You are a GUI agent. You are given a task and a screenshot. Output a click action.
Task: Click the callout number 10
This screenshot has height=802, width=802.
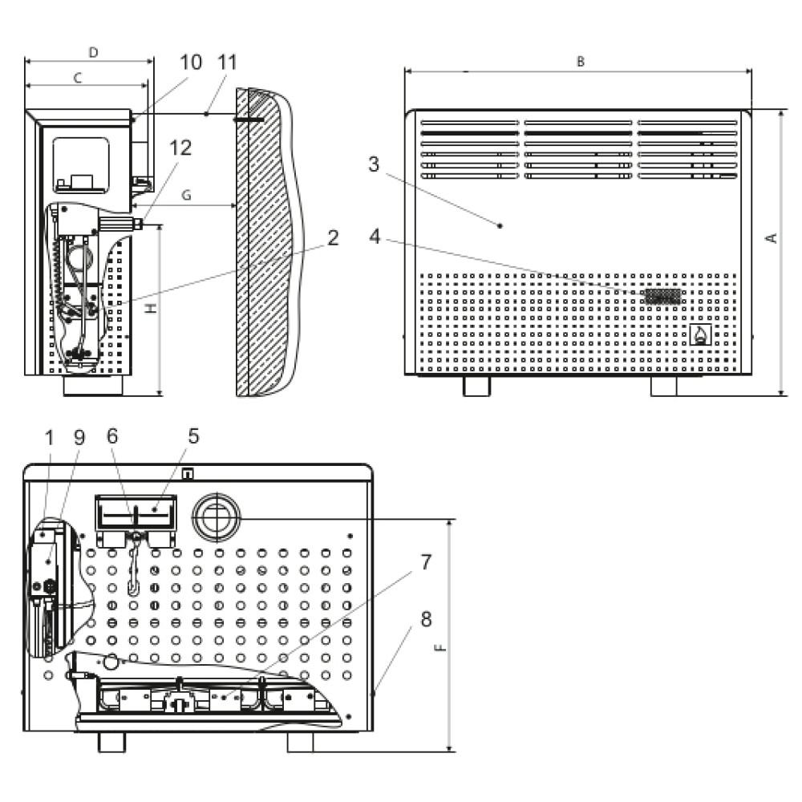click(191, 63)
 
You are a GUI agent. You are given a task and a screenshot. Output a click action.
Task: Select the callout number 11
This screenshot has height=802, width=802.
click(227, 63)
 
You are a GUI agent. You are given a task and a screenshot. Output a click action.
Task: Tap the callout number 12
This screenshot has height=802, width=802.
click(180, 148)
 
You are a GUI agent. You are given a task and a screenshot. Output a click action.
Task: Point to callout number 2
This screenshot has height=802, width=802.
click(333, 238)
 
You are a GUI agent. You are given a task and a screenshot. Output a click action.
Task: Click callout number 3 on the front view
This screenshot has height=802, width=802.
click(374, 164)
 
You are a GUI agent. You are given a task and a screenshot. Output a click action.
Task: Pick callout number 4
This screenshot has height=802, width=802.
click(375, 237)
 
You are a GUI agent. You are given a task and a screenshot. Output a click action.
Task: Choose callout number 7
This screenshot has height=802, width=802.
click(426, 562)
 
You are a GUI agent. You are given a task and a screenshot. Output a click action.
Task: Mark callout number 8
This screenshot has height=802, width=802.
click(426, 619)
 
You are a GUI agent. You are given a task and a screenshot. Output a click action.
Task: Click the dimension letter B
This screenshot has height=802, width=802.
click(581, 62)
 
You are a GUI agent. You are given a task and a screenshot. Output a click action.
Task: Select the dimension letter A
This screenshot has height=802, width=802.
click(772, 238)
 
